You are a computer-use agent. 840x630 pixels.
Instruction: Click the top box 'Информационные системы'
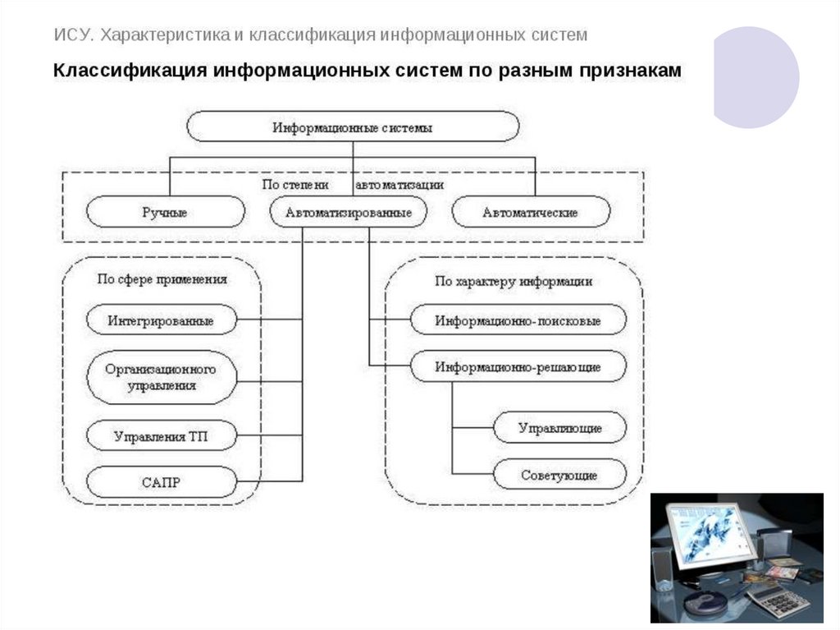pos(353,127)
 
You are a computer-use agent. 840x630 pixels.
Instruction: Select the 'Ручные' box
pos(165,212)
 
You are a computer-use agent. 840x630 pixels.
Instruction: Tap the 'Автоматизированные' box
pos(349,212)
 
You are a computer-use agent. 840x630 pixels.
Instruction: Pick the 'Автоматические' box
pos(530,212)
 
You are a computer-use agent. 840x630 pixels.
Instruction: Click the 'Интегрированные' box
pos(161,320)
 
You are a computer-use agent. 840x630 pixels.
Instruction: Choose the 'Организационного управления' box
pos(161,377)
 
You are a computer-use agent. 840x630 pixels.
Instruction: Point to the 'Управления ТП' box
pos(161,436)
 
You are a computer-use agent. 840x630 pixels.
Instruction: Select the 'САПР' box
pos(161,482)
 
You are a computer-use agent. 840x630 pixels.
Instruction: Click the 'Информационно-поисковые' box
pos(518,320)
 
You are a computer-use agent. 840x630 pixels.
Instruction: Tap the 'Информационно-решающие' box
pos(518,366)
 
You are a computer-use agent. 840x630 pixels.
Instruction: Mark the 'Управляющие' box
pos(559,428)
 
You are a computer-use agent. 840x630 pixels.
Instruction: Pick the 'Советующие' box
pos(559,475)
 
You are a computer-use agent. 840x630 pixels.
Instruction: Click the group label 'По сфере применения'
pos(162,279)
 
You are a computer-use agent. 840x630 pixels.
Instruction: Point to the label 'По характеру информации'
pos(514,281)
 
